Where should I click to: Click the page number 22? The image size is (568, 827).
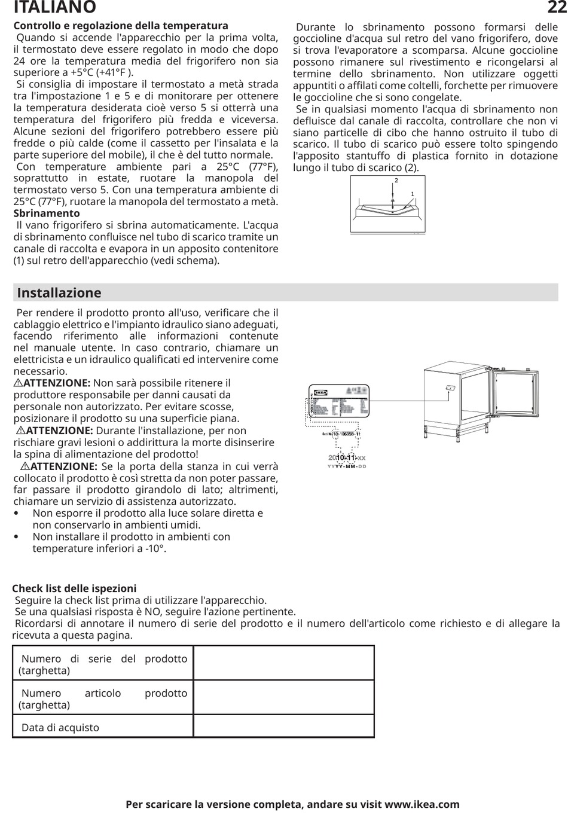[x=556, y=7]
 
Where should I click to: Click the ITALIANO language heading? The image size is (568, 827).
[x=54, y=7]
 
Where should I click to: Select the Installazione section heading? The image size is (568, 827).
[x=59, y=293]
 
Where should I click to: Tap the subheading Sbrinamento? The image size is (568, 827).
[x=47, y=213]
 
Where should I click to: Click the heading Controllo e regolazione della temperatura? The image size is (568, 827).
[x=121, y=26]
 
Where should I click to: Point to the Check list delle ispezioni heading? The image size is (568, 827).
[x=74, y=588]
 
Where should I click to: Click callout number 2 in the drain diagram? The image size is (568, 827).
[x=396, y=181]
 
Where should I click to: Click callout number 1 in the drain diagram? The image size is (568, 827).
[x=413, y=194]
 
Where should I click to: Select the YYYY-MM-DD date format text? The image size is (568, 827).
[x=347, y=466]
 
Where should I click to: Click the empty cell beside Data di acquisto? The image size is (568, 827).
[x=284, y=727]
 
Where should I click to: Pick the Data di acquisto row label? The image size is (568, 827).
[x=60, y=728]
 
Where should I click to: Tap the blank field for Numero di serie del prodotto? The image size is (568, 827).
[x=284, y=663]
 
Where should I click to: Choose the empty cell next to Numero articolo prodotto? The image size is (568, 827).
[x=284, y=698]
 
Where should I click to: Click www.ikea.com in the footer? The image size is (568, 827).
[x=422, y=805]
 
